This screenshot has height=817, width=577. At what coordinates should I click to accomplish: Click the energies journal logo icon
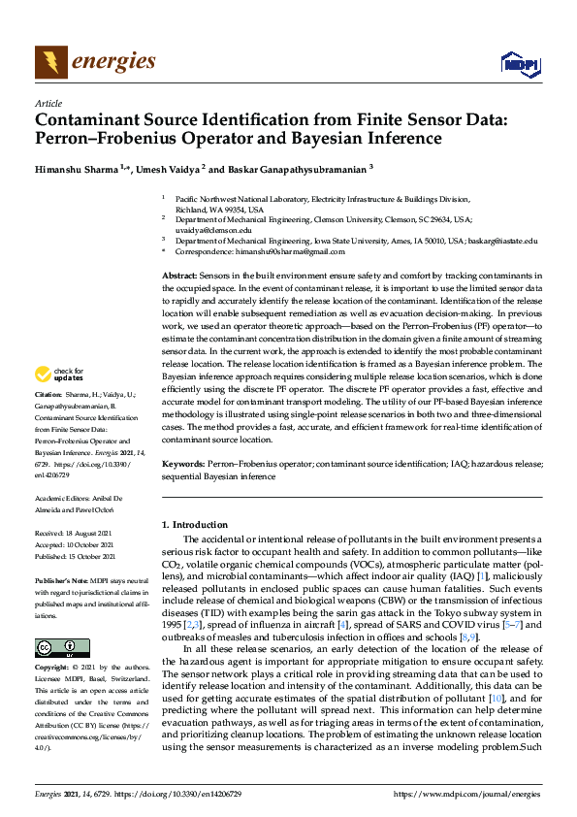point(50,62)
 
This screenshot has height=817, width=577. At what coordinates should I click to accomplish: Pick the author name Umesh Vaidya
point(164,167)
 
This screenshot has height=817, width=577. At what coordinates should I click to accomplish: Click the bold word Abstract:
point(178,278)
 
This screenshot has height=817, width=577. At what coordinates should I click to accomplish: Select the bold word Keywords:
point(182,466)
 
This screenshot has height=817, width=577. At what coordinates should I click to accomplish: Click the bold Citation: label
point(48,396)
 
